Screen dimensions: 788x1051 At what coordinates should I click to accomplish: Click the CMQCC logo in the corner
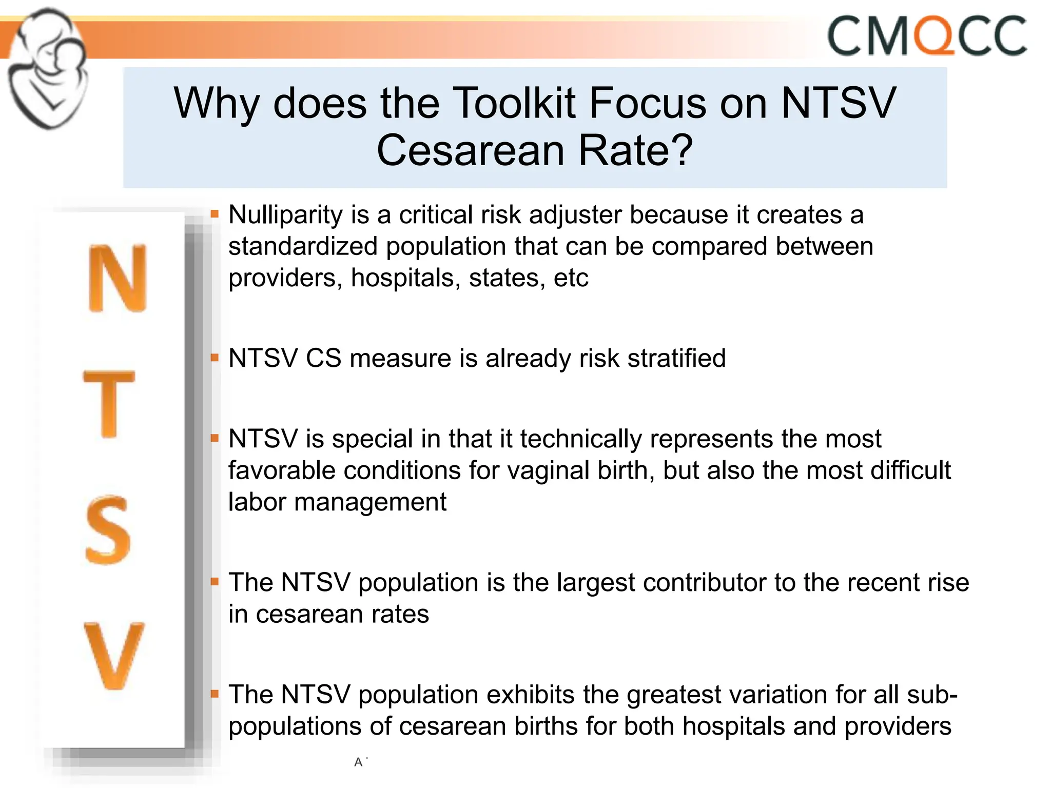click(927, 36)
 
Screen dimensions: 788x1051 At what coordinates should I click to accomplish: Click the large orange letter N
click(118, 278)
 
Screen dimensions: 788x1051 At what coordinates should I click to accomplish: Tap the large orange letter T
click(109, 404)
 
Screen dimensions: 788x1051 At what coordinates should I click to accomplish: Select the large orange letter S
click(108, 530)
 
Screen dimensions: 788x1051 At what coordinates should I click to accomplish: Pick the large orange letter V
click(114, 656)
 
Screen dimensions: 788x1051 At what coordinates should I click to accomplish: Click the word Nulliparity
click(285, 215)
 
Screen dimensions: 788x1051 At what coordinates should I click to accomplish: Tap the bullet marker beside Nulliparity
click(215, 213)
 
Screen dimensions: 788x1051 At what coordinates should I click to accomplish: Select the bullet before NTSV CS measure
click(215, 357)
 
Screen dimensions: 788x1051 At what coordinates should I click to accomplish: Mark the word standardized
click(303, 247)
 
